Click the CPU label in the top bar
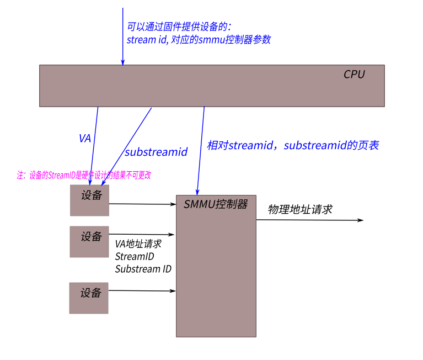354,75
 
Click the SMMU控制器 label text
216,204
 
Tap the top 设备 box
89,200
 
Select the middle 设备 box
89,241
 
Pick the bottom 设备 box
89,298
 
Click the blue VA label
85,139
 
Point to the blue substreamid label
156,152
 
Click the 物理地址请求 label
300,210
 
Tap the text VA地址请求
138,243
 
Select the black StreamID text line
135,257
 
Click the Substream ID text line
143,269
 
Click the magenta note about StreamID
84,175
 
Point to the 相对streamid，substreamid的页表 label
293,146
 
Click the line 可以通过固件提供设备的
179,27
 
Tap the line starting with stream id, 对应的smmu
199,40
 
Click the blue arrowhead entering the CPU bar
123,62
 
